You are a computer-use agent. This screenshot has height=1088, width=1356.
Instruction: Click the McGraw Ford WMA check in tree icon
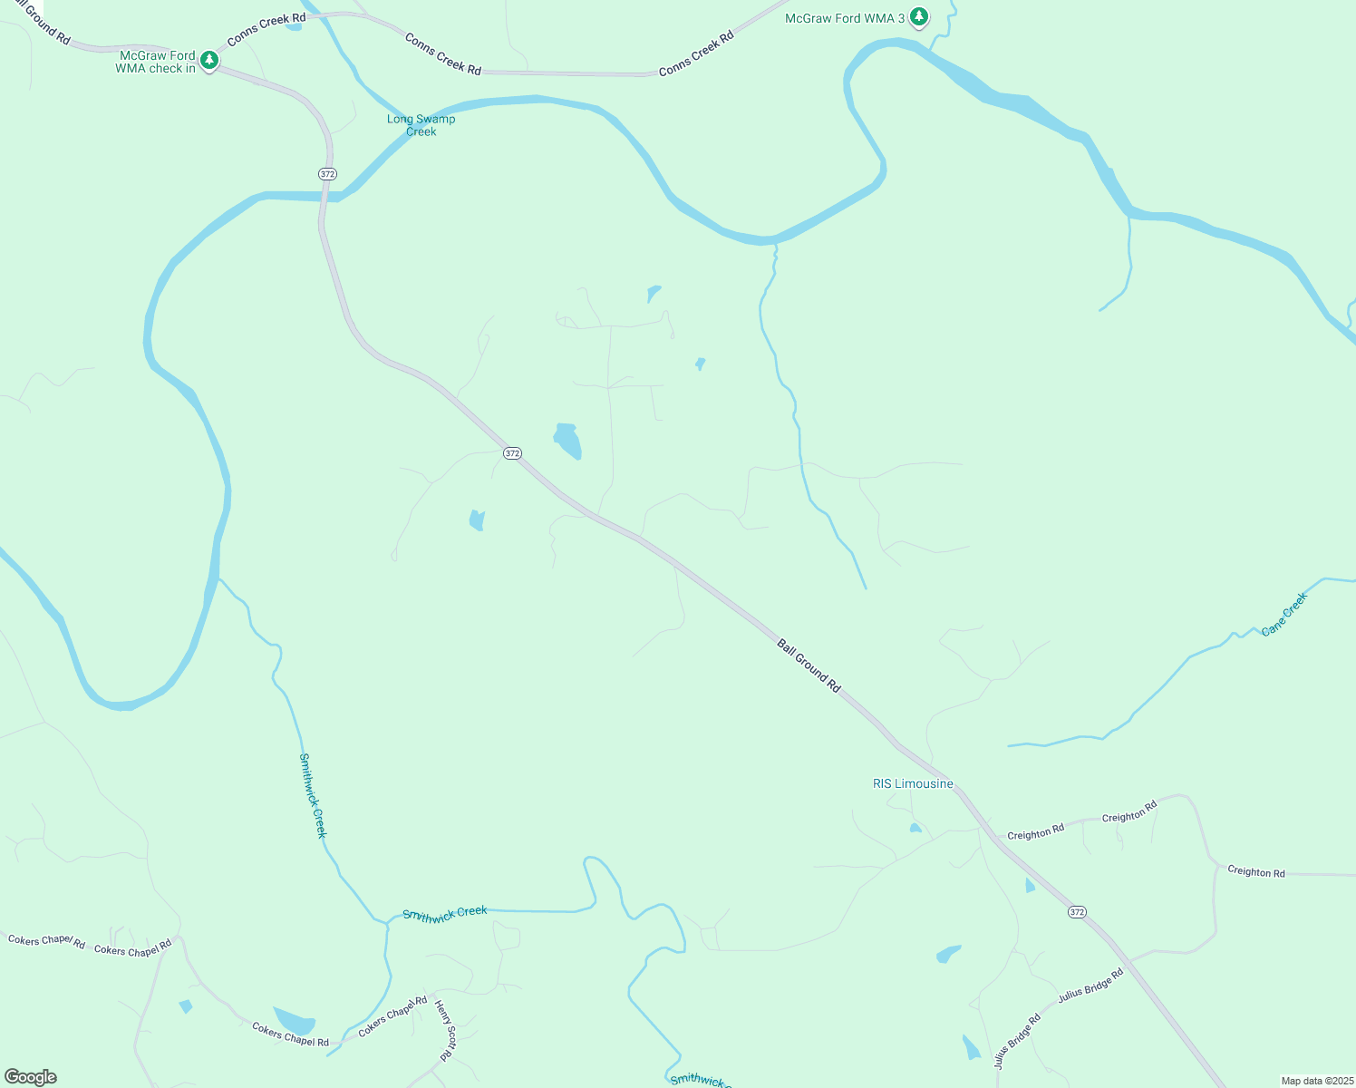coord(209,61)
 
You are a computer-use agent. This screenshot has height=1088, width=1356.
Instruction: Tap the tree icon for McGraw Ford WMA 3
coord(919,16)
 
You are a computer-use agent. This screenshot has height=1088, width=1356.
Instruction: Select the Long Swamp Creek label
coord(421,125)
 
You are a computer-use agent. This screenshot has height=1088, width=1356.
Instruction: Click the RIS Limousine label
coord(913,783)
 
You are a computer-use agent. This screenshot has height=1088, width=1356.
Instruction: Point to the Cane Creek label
coord(1285,614)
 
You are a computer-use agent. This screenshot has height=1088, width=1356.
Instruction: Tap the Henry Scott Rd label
coord(444,1031)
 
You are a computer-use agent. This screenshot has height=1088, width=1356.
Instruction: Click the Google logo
coord(31,1077)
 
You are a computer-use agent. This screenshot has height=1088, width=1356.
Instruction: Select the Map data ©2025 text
coord(1317,1081)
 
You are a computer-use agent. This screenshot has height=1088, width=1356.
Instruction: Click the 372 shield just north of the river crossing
coord(328,173)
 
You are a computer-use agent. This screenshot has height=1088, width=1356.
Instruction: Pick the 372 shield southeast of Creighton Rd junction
coord(1077,912)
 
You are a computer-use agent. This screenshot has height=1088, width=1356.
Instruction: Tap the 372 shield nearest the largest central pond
coord(513,453)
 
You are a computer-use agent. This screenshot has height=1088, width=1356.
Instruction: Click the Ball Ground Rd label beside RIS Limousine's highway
coord(809,665)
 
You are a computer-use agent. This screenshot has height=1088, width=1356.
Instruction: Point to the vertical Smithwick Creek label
coord(313,795)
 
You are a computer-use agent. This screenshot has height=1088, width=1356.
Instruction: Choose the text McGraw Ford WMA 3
coord(845,18)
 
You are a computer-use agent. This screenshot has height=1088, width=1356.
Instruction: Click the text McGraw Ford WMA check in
coord(156,62)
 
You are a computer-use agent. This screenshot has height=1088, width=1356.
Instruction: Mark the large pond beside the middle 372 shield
coord(568,441)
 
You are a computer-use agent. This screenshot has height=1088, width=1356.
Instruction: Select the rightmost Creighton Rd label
coord(1255,872)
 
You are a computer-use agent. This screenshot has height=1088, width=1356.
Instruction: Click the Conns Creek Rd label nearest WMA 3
coord(696,54)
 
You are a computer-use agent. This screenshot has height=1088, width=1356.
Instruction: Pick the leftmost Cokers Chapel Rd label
coord(46,941)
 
